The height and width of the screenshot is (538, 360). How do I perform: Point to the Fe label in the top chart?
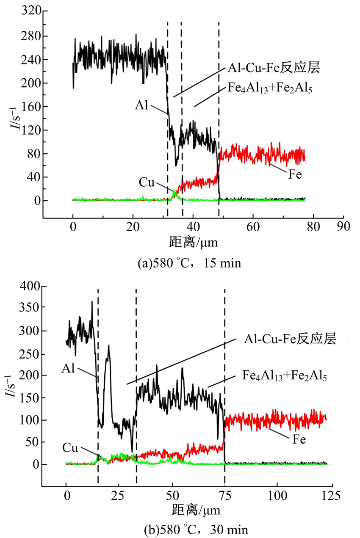(295, 174)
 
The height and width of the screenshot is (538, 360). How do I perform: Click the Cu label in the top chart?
(146, 182)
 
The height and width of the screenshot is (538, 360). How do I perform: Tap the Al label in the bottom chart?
(68, 369)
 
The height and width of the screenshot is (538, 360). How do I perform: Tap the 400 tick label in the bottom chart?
(31, 287)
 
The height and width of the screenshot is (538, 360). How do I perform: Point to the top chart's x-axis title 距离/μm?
(195, 242)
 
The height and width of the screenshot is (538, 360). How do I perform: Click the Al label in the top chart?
(142, 105)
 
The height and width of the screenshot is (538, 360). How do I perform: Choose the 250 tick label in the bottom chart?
(31, 353)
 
